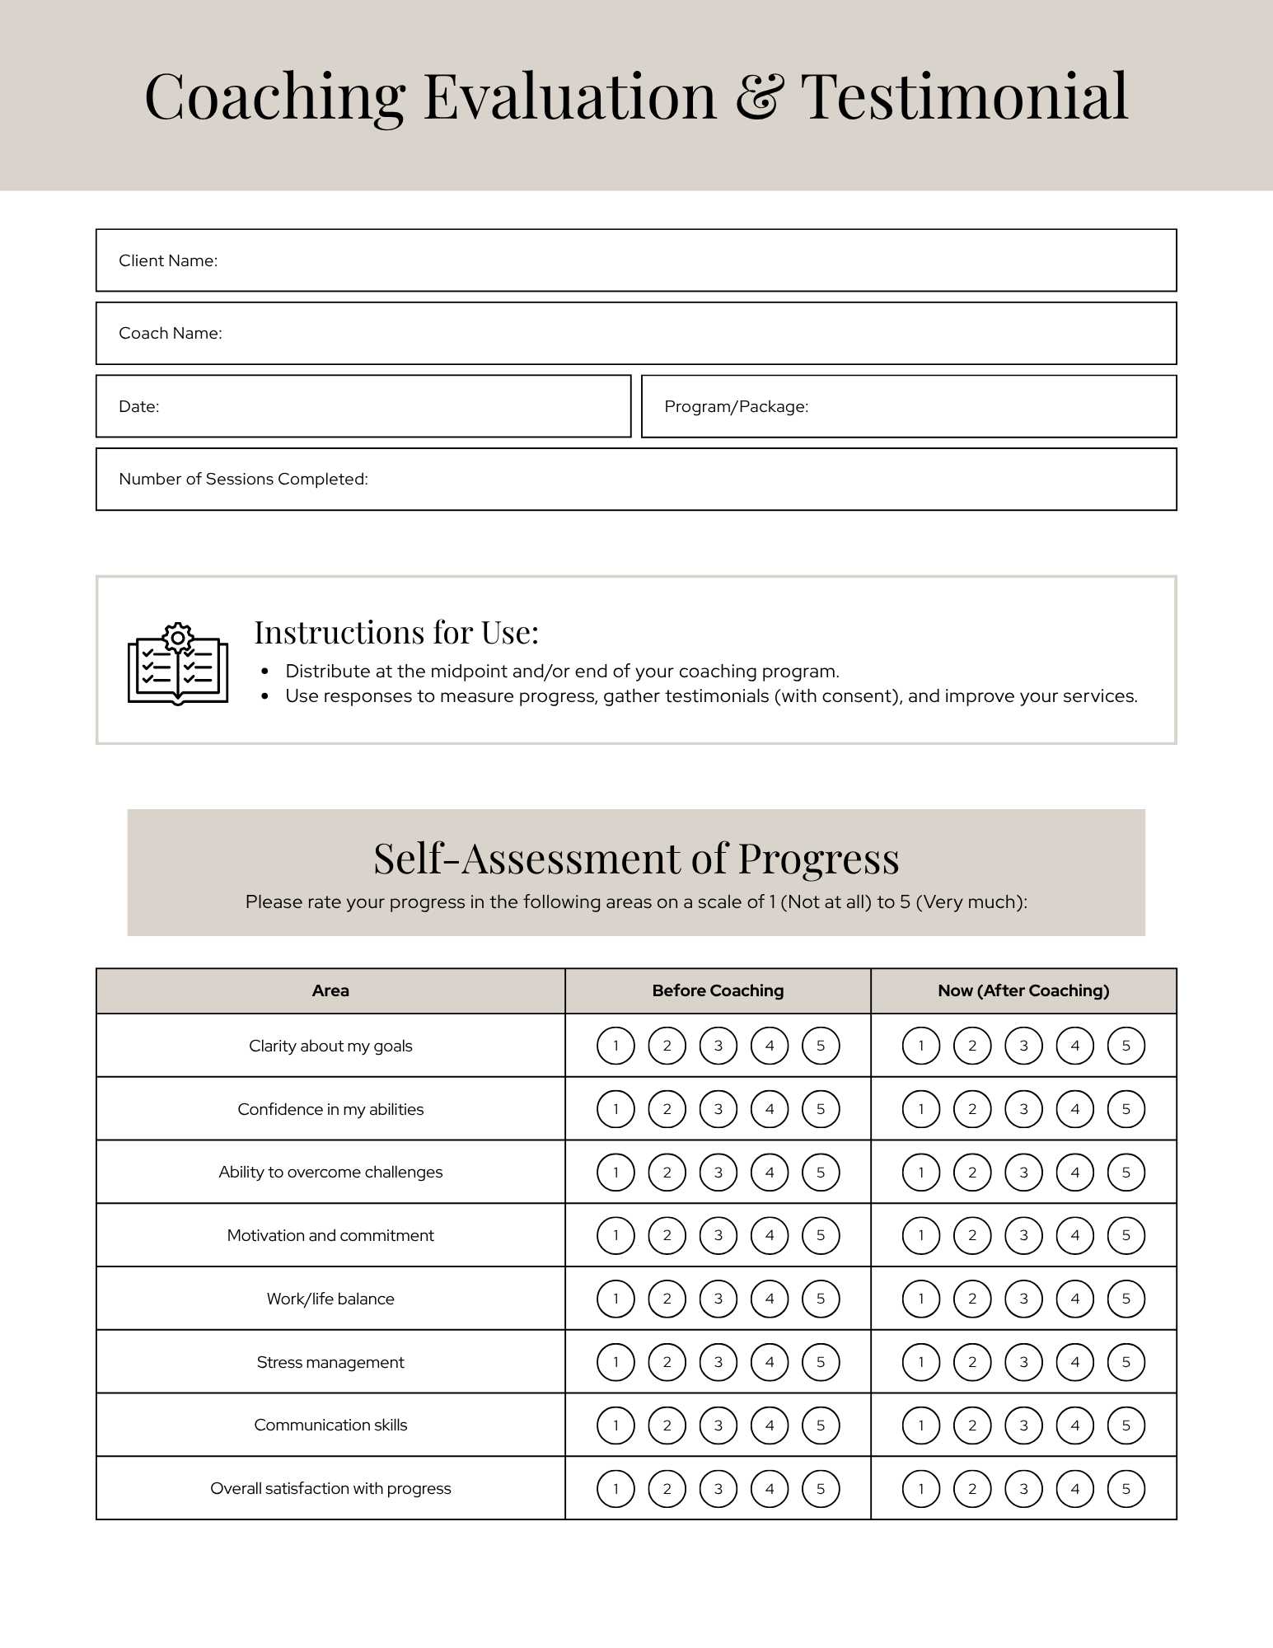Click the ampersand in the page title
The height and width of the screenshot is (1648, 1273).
click(x=759, y=97)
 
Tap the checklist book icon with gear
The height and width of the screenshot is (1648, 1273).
click(x=178, y=664)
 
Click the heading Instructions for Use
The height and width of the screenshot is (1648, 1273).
click(x=396, y=632)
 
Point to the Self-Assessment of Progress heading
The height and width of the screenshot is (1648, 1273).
click(x=635, y=858)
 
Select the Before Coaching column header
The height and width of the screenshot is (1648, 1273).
click(x=718, y=990)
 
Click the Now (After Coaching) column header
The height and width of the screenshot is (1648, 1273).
click(x=1023, y=990)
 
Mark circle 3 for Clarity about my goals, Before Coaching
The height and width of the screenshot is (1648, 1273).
click(x=718, y=1046)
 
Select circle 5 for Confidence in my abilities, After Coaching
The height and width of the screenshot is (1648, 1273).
click(x=1126, y=1109)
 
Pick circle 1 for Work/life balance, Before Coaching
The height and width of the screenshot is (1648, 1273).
click(x=615, y=1299)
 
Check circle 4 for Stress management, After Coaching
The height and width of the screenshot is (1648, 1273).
click(x=1074, y=1362)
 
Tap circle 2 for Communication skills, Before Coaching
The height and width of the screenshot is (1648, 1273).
click(x=667, y=1426)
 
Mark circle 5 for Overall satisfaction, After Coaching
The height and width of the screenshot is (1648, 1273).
click(x=1126, y=1488)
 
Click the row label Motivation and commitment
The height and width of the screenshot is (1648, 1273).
click(x=330, y=1235)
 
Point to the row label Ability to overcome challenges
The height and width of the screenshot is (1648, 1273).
click(x=330, y=1172)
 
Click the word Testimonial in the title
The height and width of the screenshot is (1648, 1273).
click(x=964, y=97)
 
